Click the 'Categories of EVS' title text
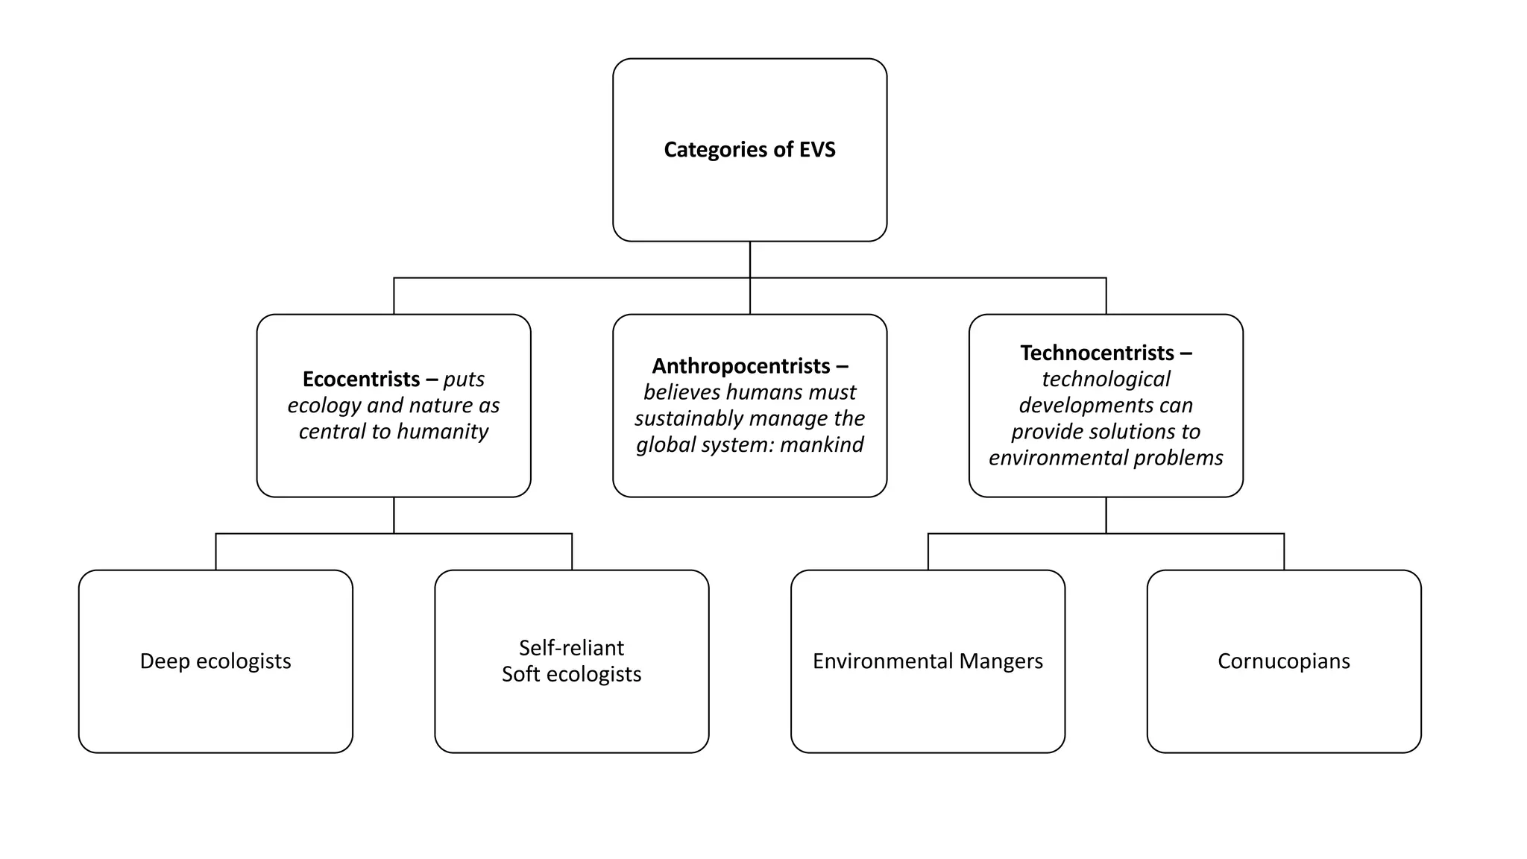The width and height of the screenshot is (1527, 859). coord(749,150)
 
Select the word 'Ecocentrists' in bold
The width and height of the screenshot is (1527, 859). coord(361,380)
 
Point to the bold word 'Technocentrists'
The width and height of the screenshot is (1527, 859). coord(1097,353)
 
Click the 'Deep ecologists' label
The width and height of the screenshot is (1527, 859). coord(215,661)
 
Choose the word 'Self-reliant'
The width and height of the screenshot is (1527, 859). coord(571,648)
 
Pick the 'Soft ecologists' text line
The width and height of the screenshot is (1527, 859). coord(571,674)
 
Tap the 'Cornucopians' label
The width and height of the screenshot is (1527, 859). coord(1283,661)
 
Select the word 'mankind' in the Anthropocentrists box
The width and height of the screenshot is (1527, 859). coord(822,445)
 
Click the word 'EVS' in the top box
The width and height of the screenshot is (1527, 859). coord(817,150)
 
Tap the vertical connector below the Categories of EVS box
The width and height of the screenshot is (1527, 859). coord(749,259)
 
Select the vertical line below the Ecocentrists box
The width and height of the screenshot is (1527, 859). coord(394,515)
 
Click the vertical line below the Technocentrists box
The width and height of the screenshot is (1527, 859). coord(1106,515)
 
